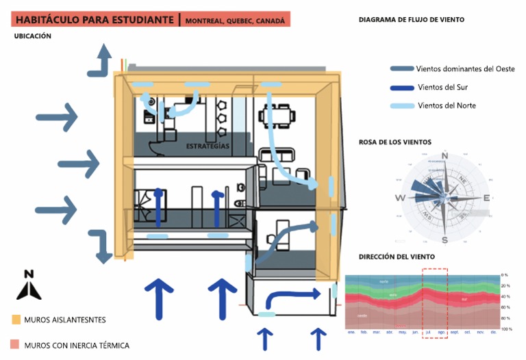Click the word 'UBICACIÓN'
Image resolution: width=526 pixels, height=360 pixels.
coord(33,36)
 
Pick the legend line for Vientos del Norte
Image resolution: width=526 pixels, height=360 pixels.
coord(402,105)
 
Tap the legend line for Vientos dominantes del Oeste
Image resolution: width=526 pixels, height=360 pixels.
coord(402,69)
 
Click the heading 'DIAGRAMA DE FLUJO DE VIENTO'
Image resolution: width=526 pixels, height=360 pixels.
coord(412,20)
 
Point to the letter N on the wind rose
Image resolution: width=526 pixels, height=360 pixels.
coord(444,155)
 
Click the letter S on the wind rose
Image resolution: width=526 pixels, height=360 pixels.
coord(444,240)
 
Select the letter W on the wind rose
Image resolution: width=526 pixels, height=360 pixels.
coord(400,198)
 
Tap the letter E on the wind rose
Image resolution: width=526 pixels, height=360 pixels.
coord(487,198)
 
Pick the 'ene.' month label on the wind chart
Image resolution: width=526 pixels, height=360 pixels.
coord(351,333)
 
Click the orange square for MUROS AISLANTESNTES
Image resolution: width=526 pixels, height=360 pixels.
coord(16,320)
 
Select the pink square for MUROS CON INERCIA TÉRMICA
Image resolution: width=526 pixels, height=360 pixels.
coord(16,344)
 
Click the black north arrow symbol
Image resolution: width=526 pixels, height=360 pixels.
coord(29,286)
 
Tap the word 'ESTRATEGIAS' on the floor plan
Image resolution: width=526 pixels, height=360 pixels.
coord(207,146)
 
